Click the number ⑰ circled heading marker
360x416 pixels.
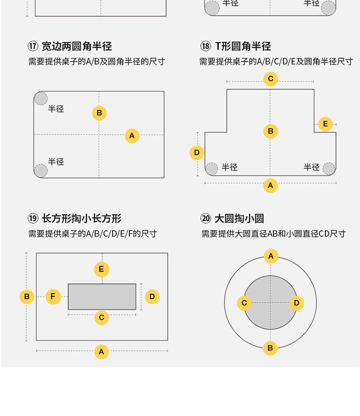pos(33,46)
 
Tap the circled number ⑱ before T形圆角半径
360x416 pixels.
pos(205,46)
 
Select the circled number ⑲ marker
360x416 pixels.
pos(33,219)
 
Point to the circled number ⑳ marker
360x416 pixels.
pos(206,219)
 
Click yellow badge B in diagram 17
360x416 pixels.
pos(99,113)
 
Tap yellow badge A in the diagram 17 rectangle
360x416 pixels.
pos(132,136)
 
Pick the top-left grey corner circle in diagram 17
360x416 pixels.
pos(41,98)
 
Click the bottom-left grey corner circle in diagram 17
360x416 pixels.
pos(41,171)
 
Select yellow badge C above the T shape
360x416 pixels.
pos(270,79)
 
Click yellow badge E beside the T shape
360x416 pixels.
pos(325,124)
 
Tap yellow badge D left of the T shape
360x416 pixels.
pos(197,153)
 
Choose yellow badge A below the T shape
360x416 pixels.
pos(270,185)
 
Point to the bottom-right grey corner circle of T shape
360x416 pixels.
pos(329,169)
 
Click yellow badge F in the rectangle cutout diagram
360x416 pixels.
pos(53,296)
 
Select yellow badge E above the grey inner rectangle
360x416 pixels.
pos(102,269)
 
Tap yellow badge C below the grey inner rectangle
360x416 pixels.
pos(102,318)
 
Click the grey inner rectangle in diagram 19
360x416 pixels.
pos(102,296)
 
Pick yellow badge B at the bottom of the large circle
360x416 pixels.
pos(270,348)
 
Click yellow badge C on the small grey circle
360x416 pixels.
pos(244,303)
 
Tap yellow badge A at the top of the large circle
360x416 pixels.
pos(271,256)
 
